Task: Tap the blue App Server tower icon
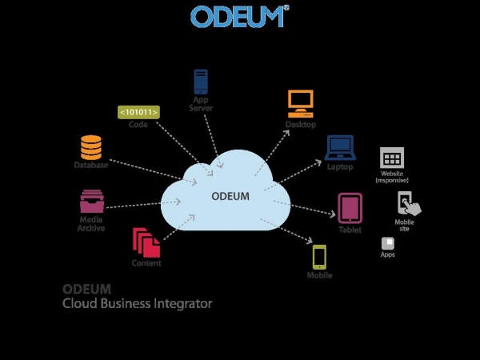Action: (201, 82)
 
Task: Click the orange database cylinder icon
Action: (91, 147)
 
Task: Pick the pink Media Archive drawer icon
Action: (91, 201)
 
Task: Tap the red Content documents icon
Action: (145, 242)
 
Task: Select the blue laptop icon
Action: (339, 147)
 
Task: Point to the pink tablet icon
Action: (350, 208)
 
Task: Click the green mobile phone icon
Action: (319, 256)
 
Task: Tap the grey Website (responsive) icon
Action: (392, 157)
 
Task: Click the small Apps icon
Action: (388, 242)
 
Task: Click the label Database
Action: (91, 166)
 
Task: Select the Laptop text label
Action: (339, 166)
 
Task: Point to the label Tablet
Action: (350, 230)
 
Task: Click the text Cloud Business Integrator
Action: (138, 304)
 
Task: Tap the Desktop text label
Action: (300, 125)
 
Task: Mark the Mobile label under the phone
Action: (319, 276)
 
